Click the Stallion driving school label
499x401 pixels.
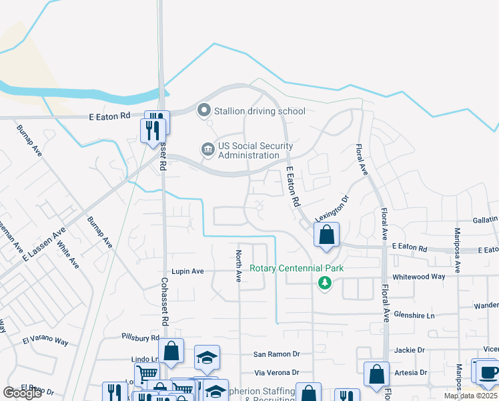pos(260,111)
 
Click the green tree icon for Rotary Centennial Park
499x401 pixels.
pos(326,283)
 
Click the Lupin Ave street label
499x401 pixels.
pos(187,272)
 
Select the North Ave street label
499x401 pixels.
pos(238,266)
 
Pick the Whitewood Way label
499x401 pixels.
pos(418,277)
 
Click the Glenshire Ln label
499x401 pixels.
pos(414,315)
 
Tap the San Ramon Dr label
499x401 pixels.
pos(277,354)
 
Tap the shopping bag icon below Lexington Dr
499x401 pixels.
pos(326,235)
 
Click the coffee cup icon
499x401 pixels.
pos(488,372)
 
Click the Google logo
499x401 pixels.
pos(22,393)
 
